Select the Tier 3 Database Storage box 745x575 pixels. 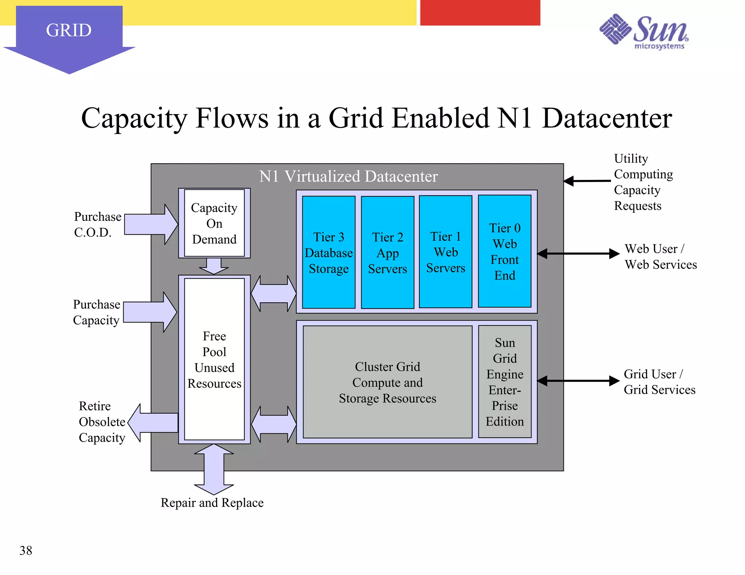(x=328, y=252)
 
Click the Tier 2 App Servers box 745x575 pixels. (x=387, y=252)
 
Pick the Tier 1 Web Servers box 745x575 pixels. (x=446, y=252)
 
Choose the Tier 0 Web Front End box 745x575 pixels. (x=505, y=251)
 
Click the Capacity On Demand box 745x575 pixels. (x=214, y=223)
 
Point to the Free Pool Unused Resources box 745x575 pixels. (x=214, y=359)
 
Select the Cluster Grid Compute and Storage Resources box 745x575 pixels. (x=387, y=382)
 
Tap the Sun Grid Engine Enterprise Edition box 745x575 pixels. (x=505, y=382)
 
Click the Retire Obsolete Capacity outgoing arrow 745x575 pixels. (x=153, y=423)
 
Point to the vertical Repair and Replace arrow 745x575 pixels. (x=214, y=469)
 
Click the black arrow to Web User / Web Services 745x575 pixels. (x=578, y=254)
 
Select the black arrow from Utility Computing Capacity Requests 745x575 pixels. (x=586, y=181)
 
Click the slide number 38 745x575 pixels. (x=26, y=550)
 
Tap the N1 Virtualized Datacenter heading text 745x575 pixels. (x=348, y=176)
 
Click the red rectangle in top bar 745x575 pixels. (x=480, y=13)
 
